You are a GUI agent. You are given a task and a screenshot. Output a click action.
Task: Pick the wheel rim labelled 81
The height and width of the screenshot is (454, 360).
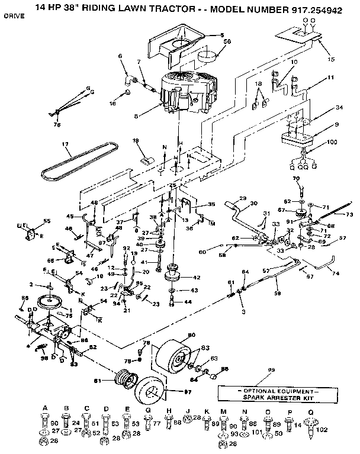tap(124, 378)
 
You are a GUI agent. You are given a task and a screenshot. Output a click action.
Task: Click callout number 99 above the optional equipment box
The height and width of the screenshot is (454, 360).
tap(271, 370)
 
